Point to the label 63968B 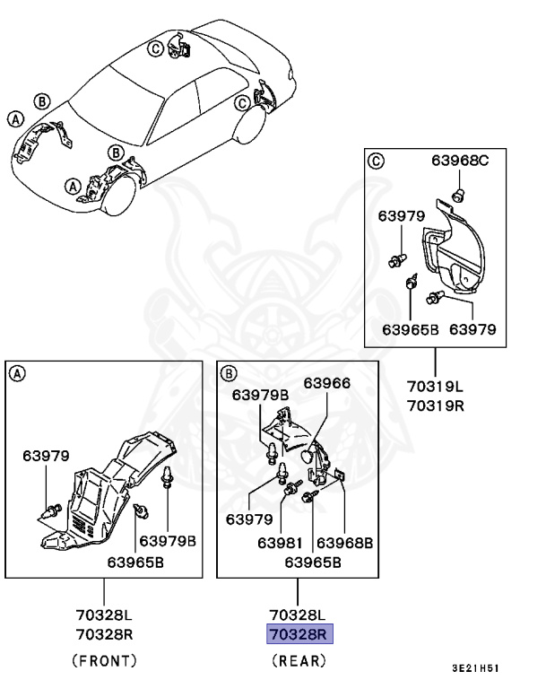(x=345, y=544)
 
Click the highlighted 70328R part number (x=299, y=635)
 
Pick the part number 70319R (x=435, y=406)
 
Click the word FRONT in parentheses (x=103, y=661)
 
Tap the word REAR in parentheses (x=299, y=661)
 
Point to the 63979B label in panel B (x=261, y=395)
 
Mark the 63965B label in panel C (x=409, y=328)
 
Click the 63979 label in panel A (x=46, y=455)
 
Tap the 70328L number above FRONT (x=103, y=615)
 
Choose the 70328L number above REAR (x=299, y=615)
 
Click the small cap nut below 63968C (x=457, y=196)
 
